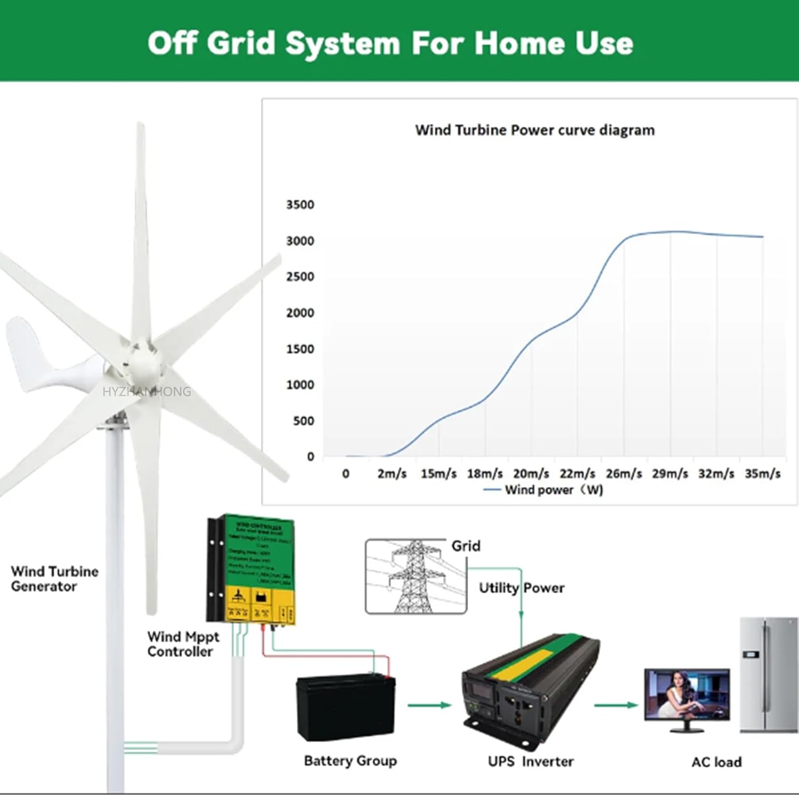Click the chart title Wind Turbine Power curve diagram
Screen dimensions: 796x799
[534, 131]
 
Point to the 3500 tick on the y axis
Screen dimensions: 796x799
[300, 205]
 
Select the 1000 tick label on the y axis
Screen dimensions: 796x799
[300, 385]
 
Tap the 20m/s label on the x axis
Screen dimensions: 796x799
[531, 474]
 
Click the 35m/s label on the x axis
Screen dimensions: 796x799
[762, 474]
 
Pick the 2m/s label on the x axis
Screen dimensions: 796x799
[392, 474]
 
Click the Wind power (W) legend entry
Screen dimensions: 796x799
[543, 490]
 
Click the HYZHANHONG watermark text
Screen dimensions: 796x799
[146, 392]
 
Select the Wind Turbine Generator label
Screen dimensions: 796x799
[54, 579]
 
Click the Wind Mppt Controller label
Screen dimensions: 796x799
[183, 644]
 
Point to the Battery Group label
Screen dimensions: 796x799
[350, 761]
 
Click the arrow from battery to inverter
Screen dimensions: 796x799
[429, 705]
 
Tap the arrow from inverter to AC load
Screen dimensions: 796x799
[616, 705]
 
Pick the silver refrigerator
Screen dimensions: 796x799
[768, 675]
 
